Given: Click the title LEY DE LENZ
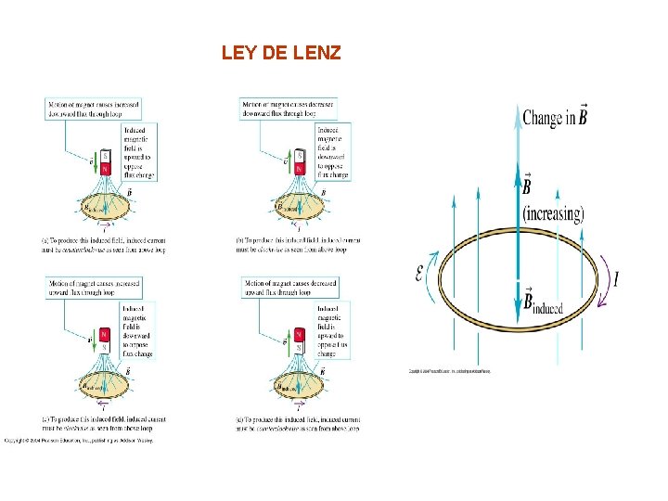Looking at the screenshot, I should point(281,53).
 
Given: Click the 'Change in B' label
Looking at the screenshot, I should point(554,118).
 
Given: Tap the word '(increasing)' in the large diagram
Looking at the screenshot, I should point(553,214).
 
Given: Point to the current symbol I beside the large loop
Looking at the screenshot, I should point(616,278).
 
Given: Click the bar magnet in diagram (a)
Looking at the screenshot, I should point(105,162).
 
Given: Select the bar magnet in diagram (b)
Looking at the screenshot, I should point(299,162).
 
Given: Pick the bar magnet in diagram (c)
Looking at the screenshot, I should point(105,340).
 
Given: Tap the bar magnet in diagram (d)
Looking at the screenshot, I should point(299,340).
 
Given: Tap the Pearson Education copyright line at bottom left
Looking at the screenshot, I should point(78,440).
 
